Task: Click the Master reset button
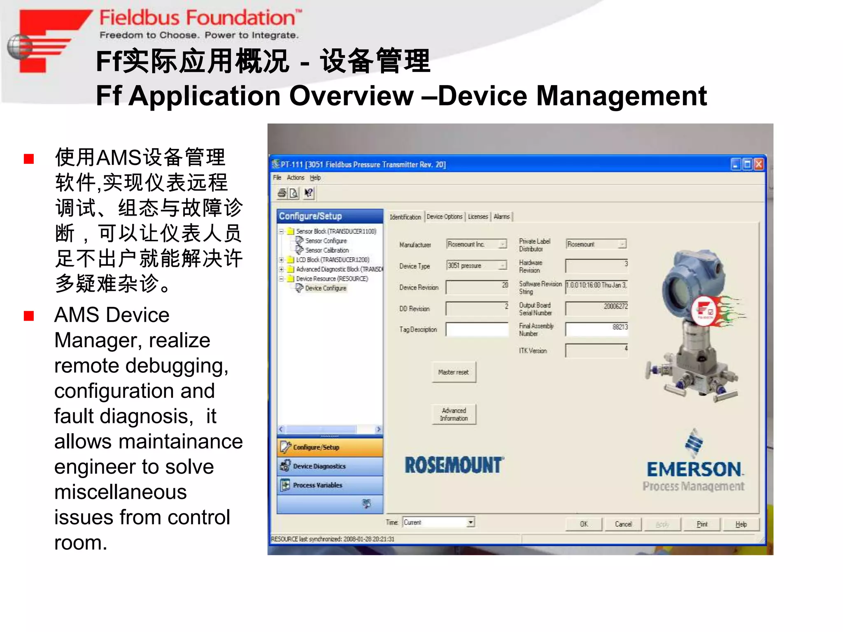[x=454, y=372]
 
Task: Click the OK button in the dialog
[x=584, y=524]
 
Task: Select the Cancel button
[x=623, y=524]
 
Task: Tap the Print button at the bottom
[x=702, y=524]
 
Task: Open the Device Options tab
[x=445, y=217]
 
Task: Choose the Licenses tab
[x=478, y=217]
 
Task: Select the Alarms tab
[x=501, y=217]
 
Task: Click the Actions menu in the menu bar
[x=296, y=178]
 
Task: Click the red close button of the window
[x=759, y=165]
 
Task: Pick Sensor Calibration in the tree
[x=327, y=250]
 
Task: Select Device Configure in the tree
[x=326, y=288]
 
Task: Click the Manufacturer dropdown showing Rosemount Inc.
[x=477, y=244]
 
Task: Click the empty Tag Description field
[x=477, y=329]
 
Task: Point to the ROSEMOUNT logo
[x=454, y=465]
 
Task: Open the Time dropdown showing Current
[x=439, y=523]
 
